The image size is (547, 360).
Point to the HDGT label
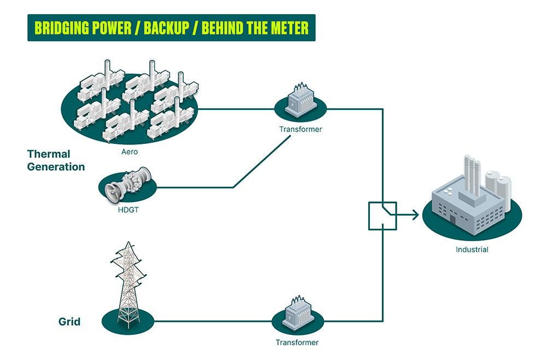tap(128, 209)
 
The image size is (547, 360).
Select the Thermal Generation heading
tap(56, 160)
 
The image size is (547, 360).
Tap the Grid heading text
tap(69, 322)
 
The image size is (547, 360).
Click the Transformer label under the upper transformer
tap(300, 130)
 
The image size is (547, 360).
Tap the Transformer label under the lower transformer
tap(297, 342)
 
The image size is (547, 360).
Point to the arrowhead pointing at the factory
tap(415, 215)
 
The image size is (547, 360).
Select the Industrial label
tap(472, 249)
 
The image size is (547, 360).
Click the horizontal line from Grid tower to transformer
tap(213, 321)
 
